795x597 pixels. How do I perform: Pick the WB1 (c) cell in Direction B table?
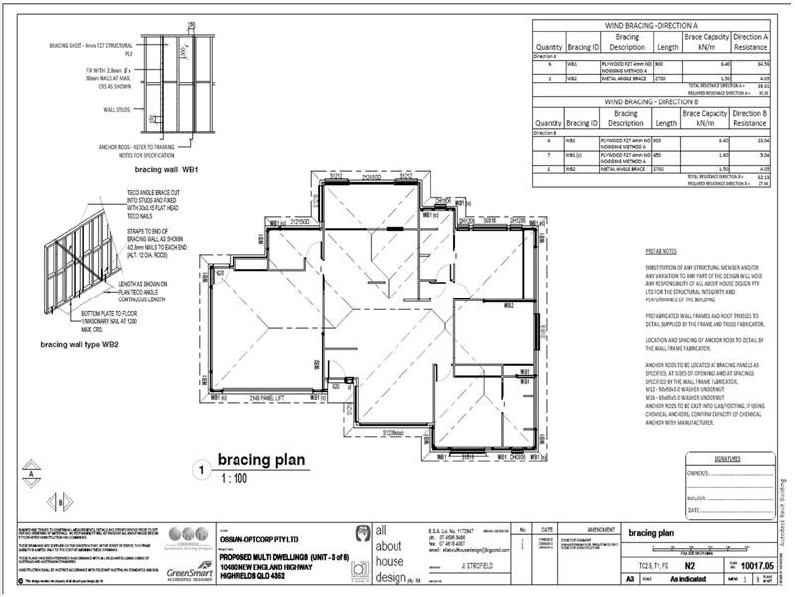point(574,155)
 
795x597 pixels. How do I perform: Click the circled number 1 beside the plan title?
point(202,468)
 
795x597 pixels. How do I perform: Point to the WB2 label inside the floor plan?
point(507,306)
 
